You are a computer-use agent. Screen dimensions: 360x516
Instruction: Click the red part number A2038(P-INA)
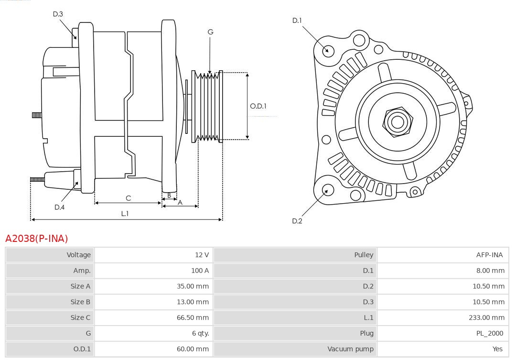[37, 238]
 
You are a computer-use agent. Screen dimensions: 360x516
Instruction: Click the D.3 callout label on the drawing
[58, 14]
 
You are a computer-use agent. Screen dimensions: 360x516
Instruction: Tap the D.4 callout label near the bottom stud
[59, 207]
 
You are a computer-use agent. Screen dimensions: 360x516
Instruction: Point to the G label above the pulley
[210, 32]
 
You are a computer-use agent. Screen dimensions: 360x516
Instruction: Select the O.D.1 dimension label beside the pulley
[258, 106]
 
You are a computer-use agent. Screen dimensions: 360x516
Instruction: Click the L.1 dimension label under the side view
[125, 214]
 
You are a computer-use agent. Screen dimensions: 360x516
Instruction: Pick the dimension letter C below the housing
[128, 198]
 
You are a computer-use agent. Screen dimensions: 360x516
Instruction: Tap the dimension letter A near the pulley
[180, 202]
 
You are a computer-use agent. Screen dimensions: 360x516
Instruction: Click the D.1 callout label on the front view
[297, 20]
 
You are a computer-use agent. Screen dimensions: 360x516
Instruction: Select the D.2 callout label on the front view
[297, 221]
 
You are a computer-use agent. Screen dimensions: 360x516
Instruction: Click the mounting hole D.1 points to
[328, 50]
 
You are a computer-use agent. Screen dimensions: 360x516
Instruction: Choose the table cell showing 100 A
[200, 271]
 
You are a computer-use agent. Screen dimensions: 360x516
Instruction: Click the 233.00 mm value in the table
[486, 317]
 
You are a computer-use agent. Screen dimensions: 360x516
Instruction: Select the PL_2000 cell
[489, 333]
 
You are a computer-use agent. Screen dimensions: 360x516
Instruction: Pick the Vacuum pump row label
[350, 349]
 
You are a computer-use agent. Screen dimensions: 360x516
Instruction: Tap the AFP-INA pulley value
[489, 255]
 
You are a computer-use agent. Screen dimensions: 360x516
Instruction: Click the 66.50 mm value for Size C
[193, 317]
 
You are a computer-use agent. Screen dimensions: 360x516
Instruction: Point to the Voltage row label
[78, 255]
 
